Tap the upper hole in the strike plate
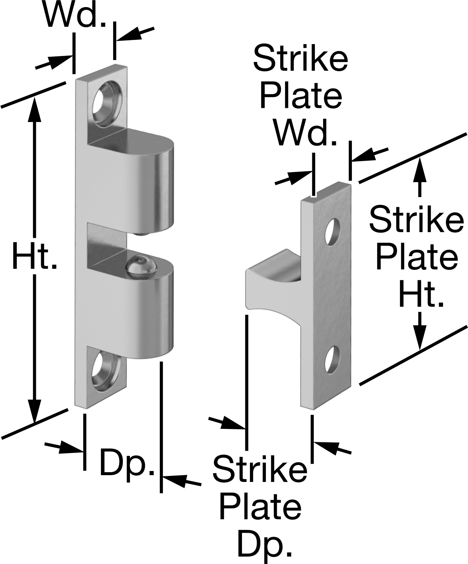coord(333,232)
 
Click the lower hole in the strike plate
coord(332,360)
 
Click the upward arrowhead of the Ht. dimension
coord(34,112)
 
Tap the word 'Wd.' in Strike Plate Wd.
coord(306,134)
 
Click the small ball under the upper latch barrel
coord(143,233)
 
